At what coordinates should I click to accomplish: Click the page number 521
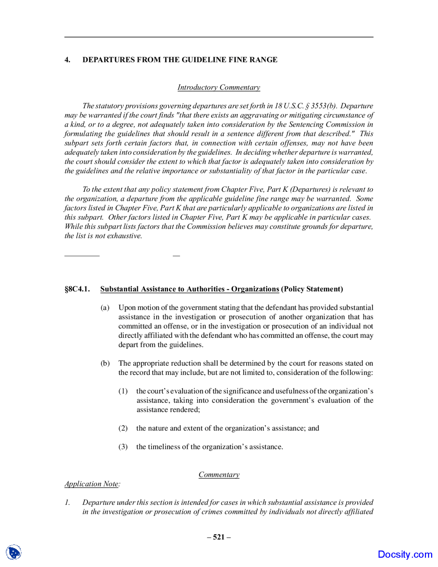coord(219,537)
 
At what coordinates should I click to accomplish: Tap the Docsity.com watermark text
coord(405,554)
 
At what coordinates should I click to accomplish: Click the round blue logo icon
coord(14,552)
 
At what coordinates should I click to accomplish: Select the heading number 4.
coord(67,60)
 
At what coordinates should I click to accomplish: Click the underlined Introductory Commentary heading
coord(219,87)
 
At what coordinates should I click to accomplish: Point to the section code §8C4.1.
coord(77,289)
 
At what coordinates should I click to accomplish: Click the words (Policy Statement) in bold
coord(312,289)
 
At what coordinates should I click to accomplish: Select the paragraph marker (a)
coord(105,307)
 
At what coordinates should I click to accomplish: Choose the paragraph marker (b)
coord(105,363)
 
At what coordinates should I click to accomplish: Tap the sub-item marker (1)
coord(123,391)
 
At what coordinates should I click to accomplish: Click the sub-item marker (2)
coord(123,428)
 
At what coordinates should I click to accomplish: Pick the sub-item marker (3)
coord(123,446)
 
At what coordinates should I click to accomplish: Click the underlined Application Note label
coord(92,484)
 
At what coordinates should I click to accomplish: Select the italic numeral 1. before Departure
coord(67,502)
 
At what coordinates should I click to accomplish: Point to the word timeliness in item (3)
coord(164,446)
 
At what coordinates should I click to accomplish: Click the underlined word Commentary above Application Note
coord(219,475)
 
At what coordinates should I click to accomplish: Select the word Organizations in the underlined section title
coord(255,289)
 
